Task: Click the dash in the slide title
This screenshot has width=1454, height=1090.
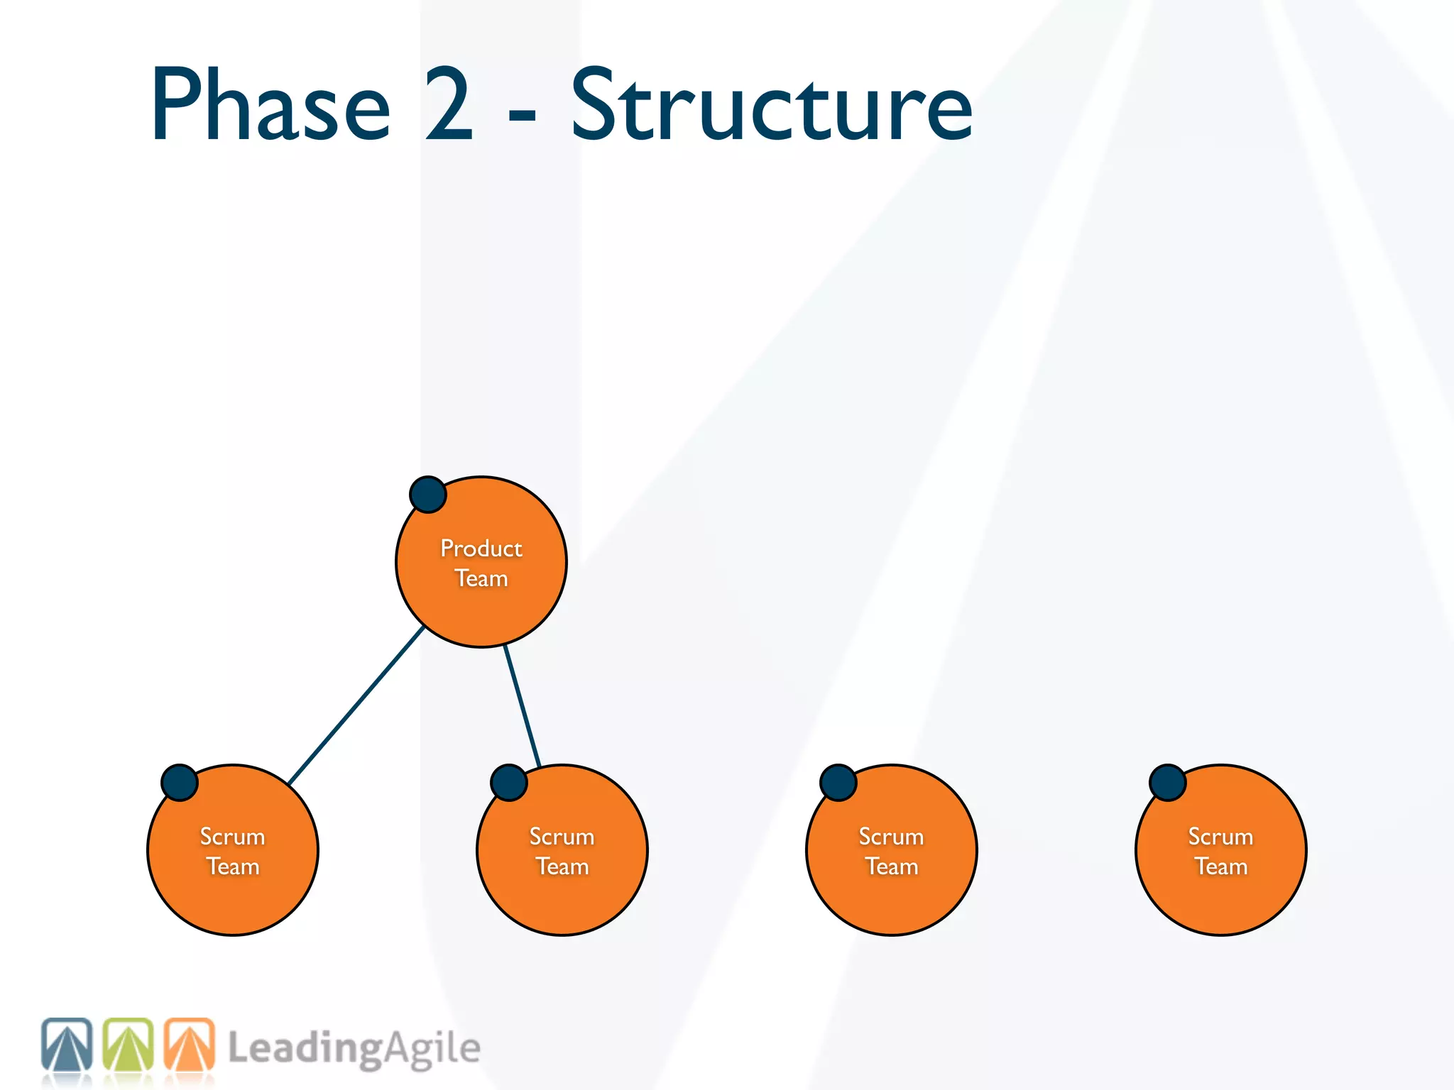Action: coord(522,114)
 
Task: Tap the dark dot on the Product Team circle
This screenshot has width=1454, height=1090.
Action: coord(428,495)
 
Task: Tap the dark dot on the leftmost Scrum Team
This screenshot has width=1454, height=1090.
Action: coord(180,783)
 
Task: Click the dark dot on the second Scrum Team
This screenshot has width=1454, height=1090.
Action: coord(509,783)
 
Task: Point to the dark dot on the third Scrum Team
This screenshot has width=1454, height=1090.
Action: coord(838,783)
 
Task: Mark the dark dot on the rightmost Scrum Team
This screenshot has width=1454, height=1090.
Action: coord(1168,783)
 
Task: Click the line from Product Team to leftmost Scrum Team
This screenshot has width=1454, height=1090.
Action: coord(355,706)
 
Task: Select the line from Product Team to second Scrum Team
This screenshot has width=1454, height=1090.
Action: coord(523,706)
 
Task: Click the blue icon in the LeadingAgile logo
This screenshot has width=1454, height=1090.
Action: coord(67,1046)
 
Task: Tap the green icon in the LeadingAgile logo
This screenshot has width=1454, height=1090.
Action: coord(128,1046)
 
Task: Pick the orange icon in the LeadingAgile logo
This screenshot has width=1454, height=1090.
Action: coord(190,1046)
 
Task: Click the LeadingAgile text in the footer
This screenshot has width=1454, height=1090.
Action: coord(354,1049)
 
